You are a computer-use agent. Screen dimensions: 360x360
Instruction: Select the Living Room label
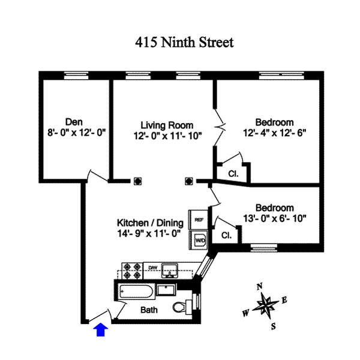pos(163,125)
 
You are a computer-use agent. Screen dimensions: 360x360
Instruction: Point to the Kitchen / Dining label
pos(150,223)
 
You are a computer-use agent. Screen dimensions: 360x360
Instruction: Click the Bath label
pos(149,310)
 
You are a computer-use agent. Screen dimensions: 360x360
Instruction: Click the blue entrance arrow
pos(101,329)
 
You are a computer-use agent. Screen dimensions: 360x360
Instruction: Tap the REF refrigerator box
pos(199,220)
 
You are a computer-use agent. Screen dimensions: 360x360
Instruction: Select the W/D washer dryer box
pos(199,240)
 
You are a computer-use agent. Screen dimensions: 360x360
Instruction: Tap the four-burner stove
pos(131,271)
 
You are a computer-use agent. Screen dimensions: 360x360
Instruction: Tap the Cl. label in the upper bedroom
pos(233,174)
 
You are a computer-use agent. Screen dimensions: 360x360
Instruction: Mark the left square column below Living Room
pos(137,181)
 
